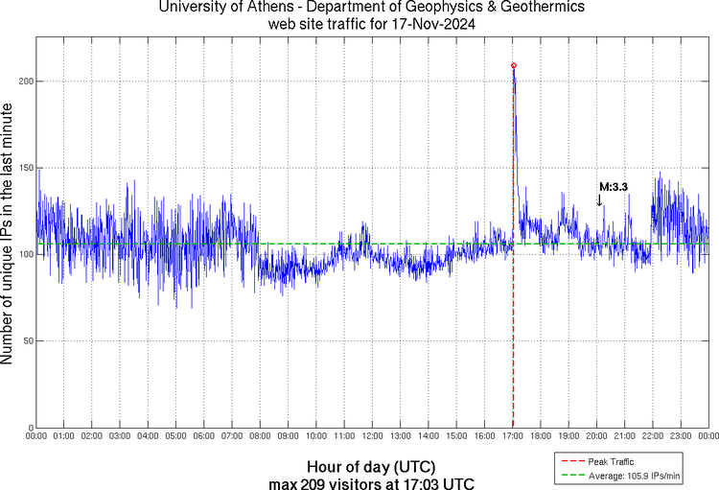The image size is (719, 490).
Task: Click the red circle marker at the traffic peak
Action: coord(514,65)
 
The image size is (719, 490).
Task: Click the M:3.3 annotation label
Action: coord(613,187)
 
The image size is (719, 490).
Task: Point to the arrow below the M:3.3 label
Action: coord(599,200)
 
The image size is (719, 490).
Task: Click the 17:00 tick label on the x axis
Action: coord(513,436)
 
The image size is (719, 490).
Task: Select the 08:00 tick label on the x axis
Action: coord(261,436)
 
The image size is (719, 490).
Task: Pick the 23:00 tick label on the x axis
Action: coord(681,436)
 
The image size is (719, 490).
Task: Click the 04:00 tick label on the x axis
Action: coord(149,436)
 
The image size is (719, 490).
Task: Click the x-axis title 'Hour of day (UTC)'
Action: coord(372,465)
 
